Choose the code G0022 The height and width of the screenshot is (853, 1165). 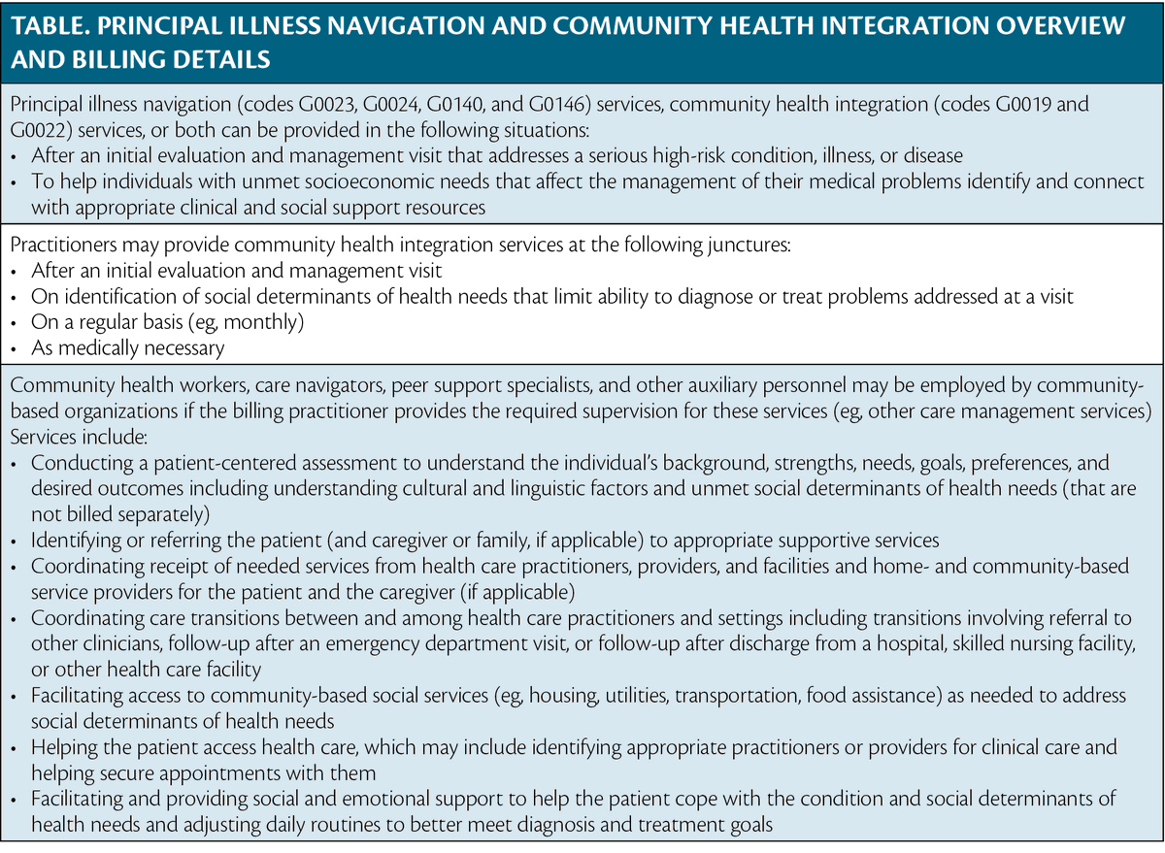coord(43,131)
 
